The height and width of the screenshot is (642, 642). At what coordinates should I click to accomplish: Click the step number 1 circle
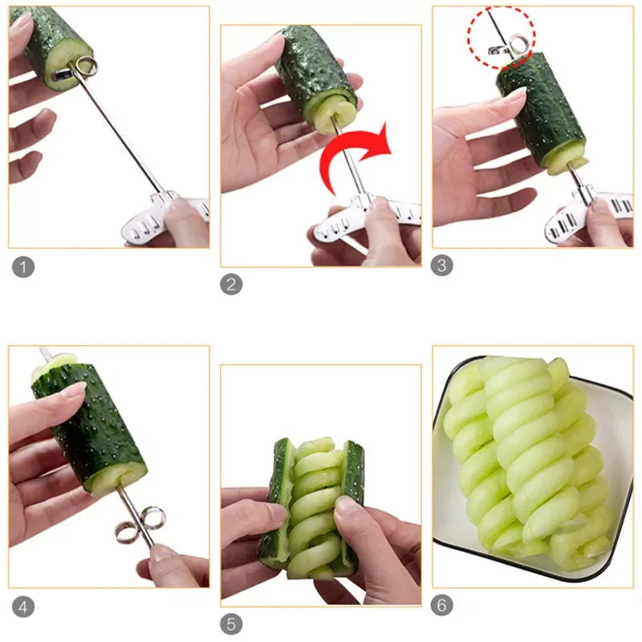23,266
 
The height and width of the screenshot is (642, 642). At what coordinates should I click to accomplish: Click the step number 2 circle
231,283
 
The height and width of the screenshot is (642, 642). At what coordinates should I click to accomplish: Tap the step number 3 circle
442,266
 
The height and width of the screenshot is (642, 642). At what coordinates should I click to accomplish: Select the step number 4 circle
23,606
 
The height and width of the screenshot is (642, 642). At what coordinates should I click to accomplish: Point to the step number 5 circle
231,624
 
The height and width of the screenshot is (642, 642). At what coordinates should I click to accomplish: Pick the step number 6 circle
442,606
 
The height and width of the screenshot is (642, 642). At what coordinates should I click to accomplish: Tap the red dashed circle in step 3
502,35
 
